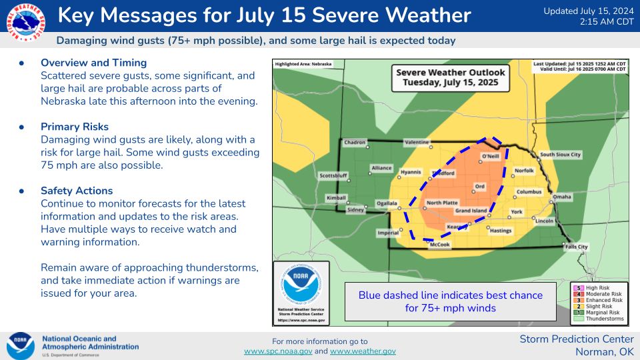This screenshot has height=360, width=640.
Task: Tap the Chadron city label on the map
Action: click(355, 143)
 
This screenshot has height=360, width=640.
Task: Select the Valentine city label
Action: click(417, 143)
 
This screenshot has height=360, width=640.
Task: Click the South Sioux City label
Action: click(560, 155)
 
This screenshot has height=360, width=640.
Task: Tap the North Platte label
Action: click(442, 203)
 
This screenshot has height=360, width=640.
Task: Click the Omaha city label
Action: click(562, 197)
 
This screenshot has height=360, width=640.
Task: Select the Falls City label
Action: click(576, 247)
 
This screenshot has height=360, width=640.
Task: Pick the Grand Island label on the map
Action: click(471, 211)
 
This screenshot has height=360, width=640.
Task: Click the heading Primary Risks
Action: click(75, 127)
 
